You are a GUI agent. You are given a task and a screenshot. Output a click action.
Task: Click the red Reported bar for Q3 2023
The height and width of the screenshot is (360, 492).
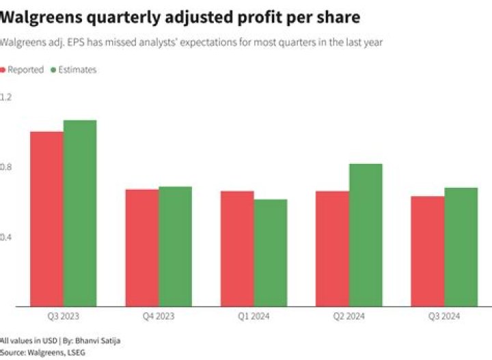46,219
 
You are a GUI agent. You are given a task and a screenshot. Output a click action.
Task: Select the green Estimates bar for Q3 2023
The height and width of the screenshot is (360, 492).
80,213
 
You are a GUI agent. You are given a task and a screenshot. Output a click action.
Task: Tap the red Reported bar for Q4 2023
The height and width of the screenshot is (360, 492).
142,247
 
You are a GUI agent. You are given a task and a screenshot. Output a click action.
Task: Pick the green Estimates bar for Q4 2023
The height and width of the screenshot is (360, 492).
175,246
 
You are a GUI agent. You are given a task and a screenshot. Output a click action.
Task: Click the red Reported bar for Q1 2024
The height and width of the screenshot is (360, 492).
237,249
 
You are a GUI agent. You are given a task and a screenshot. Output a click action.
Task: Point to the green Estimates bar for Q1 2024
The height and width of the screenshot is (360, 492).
270,253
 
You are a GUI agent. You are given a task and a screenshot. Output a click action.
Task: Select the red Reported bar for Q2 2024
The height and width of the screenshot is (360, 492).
332,249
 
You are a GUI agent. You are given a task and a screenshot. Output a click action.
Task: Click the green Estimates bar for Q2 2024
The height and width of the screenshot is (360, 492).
366,235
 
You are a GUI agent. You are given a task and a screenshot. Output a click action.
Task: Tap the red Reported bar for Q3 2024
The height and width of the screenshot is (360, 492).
427,251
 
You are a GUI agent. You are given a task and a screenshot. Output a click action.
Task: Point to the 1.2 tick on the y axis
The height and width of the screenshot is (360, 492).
6,97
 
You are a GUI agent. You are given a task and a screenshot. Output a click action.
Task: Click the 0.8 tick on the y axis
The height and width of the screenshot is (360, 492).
6,167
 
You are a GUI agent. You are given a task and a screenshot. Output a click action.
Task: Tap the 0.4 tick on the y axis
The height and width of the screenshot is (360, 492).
6,238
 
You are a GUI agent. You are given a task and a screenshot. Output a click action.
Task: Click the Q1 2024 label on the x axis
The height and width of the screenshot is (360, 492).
254,316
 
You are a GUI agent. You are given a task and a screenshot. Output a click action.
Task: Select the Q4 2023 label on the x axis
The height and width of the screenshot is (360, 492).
159,316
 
